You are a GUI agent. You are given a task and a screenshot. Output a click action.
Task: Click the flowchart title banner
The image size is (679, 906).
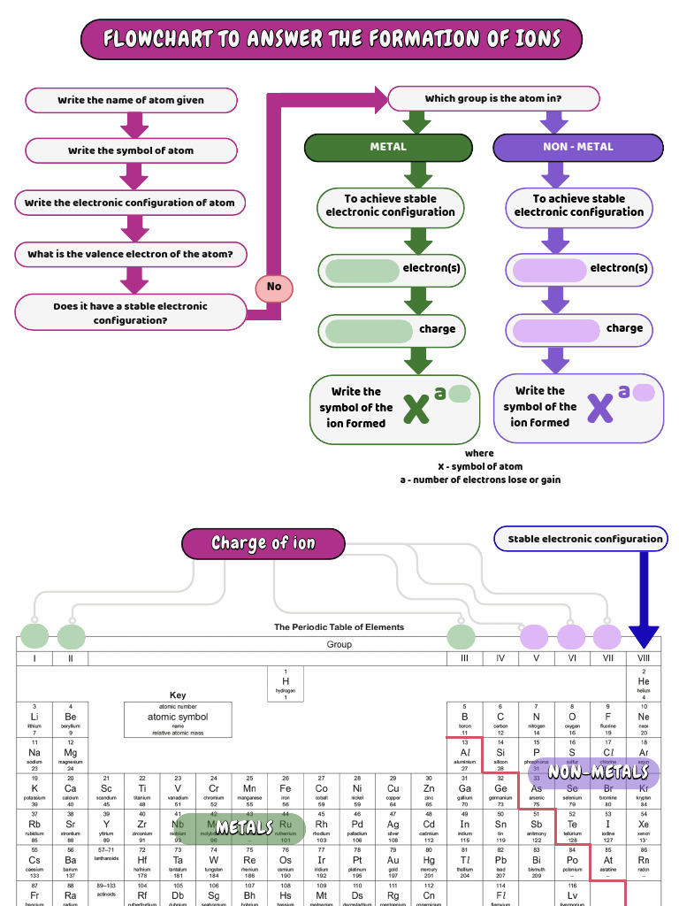[x=332, y=40]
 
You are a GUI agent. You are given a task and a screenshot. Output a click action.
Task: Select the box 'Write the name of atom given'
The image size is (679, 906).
[x=131, y=100]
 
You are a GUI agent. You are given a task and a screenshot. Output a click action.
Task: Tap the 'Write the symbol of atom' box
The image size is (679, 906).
[x=131, y=150]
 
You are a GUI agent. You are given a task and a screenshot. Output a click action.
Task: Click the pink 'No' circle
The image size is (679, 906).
[x=274, y=287]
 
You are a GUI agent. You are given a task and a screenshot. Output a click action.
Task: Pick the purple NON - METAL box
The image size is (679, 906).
[x=577, y=147]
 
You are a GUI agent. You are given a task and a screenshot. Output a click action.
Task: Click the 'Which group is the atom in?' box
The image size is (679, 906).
[x=492, y=98]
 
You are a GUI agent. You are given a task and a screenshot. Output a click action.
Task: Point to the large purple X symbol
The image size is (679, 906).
[x=600, y=407]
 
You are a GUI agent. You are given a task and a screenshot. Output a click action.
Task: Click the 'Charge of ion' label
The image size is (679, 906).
[x=263, y=543]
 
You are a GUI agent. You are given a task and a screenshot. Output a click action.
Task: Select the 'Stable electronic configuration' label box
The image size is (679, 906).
[x=584, y=539]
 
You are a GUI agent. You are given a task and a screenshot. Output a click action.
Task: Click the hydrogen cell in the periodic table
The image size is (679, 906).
[x=286, y=684]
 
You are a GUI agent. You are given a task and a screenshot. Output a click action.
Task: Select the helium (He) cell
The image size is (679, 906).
[x=644, y=684]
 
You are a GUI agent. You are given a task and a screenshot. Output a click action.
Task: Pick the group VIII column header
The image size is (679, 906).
[x=644, y=658]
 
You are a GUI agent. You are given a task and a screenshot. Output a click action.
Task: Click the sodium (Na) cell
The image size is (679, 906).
[x=34, y=756]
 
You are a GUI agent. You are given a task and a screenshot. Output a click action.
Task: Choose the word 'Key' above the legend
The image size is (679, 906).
[x=178, y=695]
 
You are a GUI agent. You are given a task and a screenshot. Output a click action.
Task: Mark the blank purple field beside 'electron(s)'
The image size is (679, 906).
[x=550, y=269]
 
